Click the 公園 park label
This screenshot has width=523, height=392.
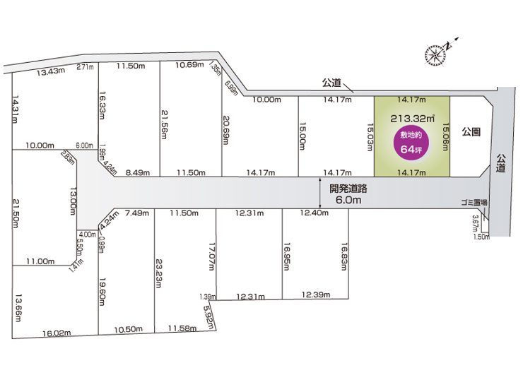471,132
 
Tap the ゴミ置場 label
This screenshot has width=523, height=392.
474,202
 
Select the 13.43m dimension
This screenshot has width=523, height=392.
51,71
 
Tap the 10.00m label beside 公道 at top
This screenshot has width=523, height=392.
266,100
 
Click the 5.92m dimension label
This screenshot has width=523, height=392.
208,313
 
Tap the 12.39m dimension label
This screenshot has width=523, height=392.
316,293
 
